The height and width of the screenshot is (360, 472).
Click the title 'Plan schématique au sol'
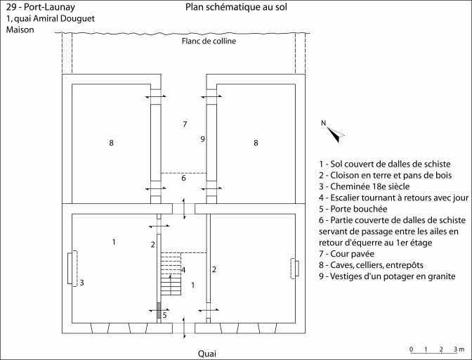pos(236,8)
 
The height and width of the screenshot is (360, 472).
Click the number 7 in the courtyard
pos(185,124)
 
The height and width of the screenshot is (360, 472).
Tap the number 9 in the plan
pos(202,139)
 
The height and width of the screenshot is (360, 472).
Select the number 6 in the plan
pos(184,179)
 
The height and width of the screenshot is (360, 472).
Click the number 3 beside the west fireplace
pos(82,283)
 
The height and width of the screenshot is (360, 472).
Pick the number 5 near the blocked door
pos(164,315)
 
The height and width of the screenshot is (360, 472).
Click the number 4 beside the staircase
pos(183,270)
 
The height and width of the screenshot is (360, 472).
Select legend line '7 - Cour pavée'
pos(346,254)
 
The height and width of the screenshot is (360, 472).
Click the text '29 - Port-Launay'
pos(36,7)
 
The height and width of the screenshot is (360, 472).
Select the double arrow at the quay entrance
pos(184,328)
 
